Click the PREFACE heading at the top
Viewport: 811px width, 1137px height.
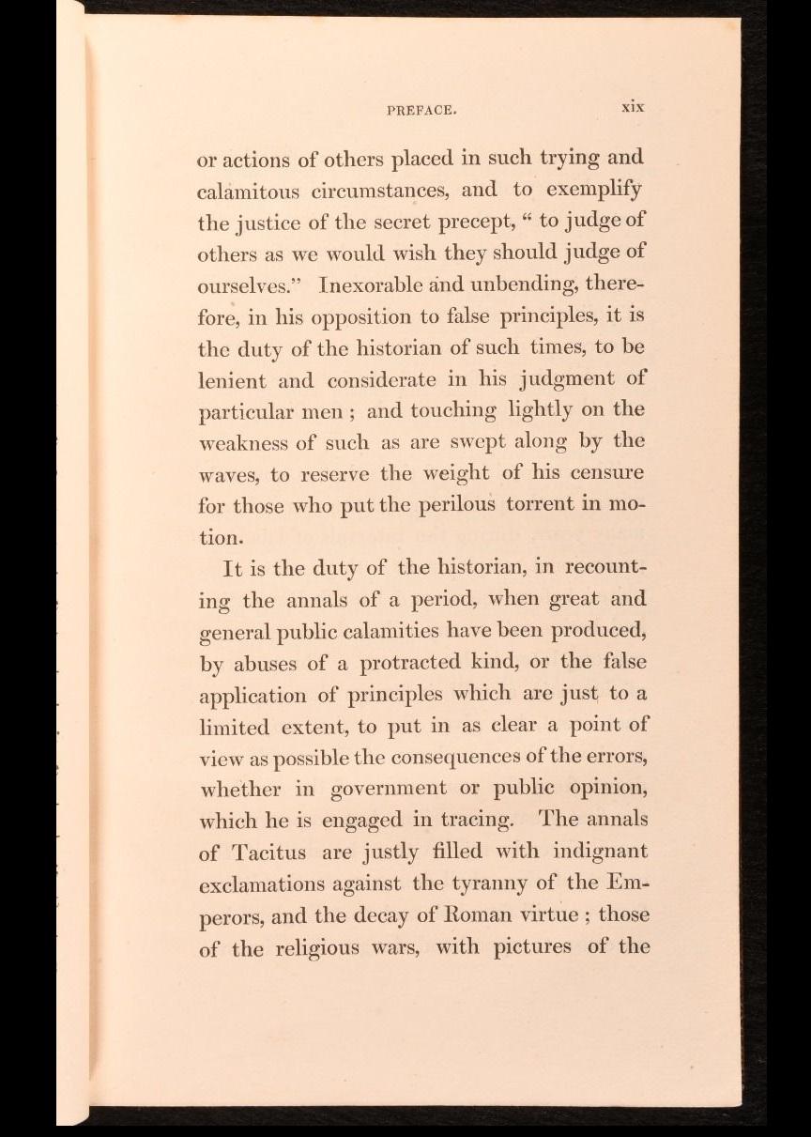(421, 109)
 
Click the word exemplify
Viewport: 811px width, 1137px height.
(597, 191)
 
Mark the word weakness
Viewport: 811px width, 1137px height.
(242, 442)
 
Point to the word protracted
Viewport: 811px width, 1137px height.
(405, 662)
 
